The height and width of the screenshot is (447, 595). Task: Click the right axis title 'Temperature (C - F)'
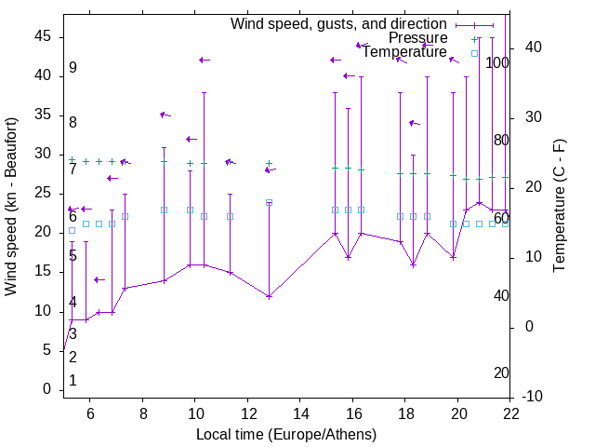(559, 207)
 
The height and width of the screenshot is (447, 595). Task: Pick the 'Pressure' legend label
(418, 38)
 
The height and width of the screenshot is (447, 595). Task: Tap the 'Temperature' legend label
(404, 52)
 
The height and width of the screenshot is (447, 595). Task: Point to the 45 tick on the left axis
(43, 35)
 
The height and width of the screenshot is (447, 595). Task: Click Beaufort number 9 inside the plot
(73, 68)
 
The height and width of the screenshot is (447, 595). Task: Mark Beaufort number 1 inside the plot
(73, 381)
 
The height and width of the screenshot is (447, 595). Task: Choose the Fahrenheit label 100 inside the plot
(497, 63)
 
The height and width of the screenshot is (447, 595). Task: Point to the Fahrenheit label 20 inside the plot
(501, 373)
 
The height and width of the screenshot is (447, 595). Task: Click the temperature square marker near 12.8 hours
(269, 202)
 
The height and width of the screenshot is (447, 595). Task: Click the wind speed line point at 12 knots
(269, 297)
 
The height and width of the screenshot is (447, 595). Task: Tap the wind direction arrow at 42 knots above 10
(204, 61)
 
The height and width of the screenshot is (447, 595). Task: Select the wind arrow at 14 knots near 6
(99, 279)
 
